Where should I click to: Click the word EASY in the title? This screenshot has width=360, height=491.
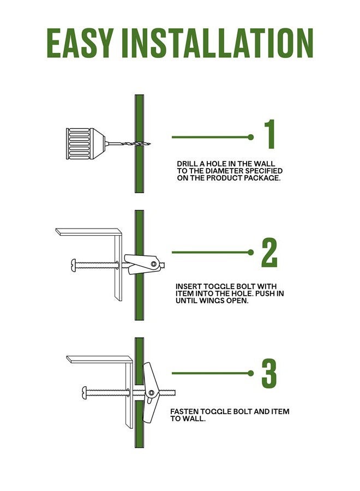[x=80, y=43]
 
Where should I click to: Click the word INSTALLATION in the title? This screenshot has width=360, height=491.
[x=217, y=43]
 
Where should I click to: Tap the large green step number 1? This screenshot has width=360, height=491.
[x=270, y=134]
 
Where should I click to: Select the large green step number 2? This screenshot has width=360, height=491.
[x=269, y=253]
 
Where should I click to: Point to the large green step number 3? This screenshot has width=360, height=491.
[x=269, y=373]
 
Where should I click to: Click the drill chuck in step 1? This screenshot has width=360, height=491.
[x=85, y=143]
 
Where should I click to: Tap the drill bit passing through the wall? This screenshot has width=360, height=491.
[x=128, y=143]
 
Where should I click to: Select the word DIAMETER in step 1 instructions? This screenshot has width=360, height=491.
[x=224, y=171]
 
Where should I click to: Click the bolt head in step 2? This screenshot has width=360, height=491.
[x=74, y=265]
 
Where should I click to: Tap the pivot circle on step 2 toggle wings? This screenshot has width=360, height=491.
[x=153, y=264]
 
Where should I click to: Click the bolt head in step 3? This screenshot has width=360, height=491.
[x=85, y=393]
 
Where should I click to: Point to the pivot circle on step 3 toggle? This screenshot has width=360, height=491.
[x=152, y=393]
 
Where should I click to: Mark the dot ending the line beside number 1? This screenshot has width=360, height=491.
[x=250, y=137]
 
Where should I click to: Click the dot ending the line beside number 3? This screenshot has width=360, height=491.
[x=250, y=373]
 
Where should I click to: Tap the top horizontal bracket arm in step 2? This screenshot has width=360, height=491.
[x=88, y=232]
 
